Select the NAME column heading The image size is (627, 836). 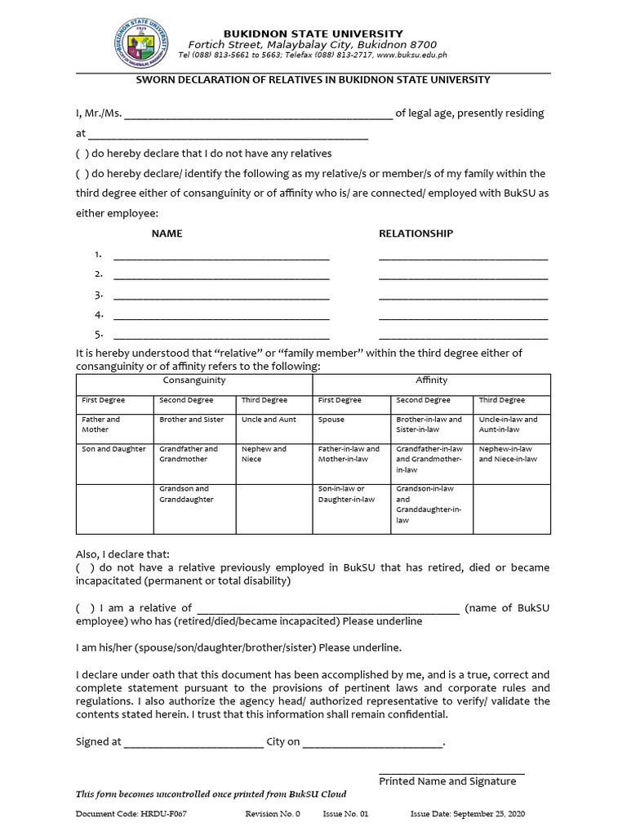tap(167, 233)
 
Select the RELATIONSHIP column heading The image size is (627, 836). tap(416, 233)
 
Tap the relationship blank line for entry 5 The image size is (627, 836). tap(463, 336)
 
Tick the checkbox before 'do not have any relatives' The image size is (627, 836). tap(82, 153)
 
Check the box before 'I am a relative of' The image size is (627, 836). tap(83, 608)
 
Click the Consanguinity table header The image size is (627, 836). tap(194, 381)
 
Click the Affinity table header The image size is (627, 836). tap(431, 381)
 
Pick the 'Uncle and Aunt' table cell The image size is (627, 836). tap(269, 420)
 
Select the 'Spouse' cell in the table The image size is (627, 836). tap(331, 420)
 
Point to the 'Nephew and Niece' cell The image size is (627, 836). tap(264, 454)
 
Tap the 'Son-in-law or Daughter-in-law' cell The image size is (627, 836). tap(347, 494)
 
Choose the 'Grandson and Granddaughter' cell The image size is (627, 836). tap(186, 494)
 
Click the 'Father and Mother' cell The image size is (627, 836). tap(100, 425)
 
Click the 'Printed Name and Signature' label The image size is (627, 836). tap(447, 781)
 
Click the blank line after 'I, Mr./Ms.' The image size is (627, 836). tap(258, 114)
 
